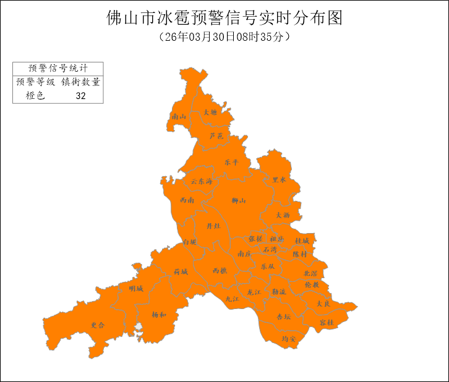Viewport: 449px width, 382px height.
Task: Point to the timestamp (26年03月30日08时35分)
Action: tap(224, 37)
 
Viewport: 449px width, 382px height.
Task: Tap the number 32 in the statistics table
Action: tap(80, 96)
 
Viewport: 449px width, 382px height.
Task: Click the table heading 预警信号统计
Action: tap(58, 68)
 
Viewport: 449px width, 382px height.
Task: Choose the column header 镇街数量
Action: tap(80, 82)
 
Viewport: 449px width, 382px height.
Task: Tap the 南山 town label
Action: tap(179, 116)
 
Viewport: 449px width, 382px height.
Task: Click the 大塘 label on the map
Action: tap(210, 112)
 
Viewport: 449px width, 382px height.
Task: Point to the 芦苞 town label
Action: tap(216, 135)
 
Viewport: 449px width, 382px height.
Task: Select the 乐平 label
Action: tap(231, 162)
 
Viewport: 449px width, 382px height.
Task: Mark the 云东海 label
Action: tap(202, 182)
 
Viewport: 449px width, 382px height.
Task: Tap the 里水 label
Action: tap(280, 180)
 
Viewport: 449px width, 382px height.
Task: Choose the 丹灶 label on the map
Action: tap(213, 226)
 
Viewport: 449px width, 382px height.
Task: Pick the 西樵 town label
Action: tap(220, 271)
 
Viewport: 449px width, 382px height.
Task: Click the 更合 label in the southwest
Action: tap(98, 325)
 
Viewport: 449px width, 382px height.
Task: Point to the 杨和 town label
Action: tap(159, 315)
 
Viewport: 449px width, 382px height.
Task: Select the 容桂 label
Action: tap(327, 323)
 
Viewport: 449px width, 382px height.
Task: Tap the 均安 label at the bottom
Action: tap(289, 339)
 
